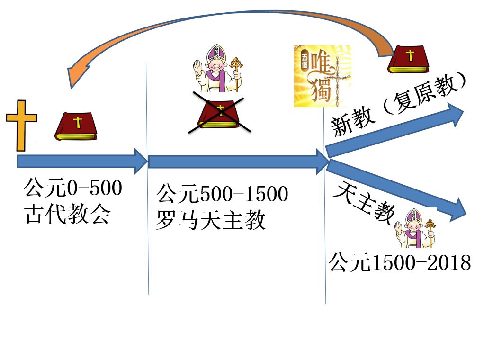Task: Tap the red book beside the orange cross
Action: pos(76,126)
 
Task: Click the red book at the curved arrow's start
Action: pos(408,59)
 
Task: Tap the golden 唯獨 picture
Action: pos(322,76)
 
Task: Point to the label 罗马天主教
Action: pos(211,220)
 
